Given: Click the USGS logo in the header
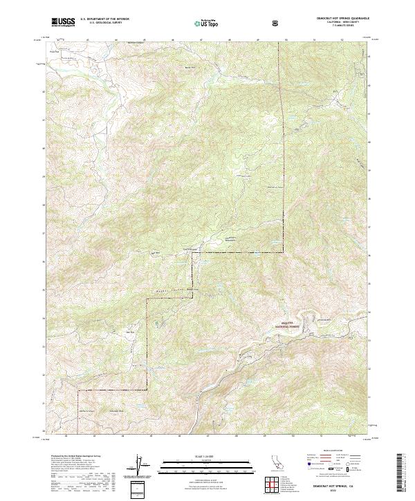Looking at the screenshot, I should [x=62, y=22].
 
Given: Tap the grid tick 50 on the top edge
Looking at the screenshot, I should [x=286, y=40].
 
